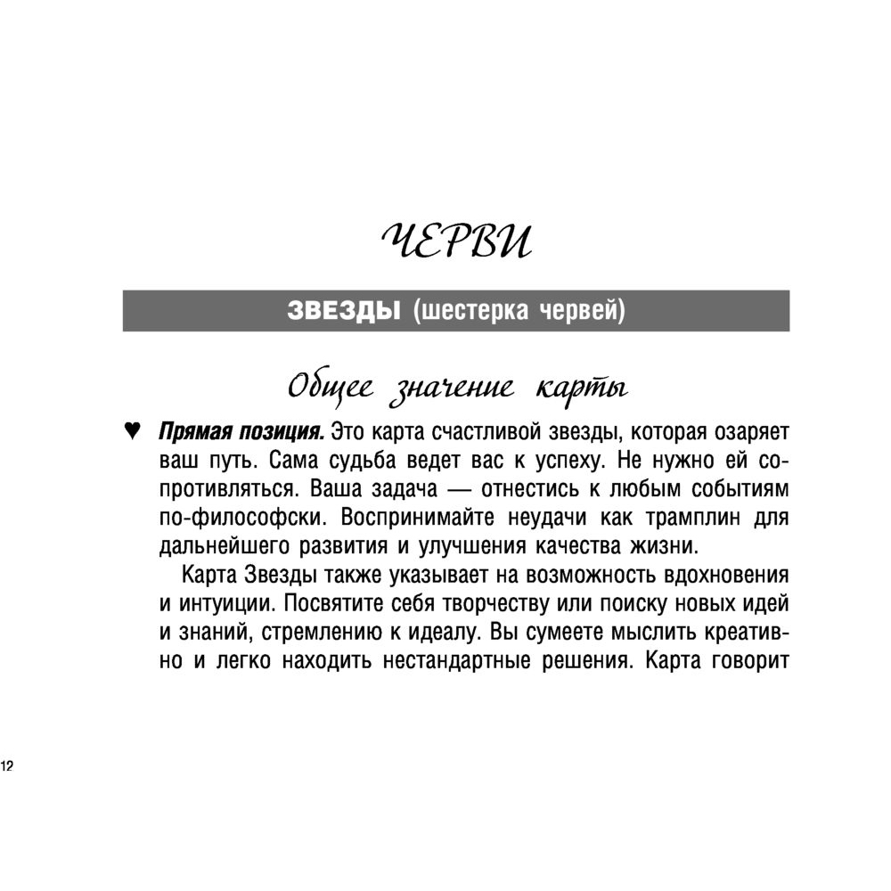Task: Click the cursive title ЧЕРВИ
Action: click(x=455, y=241)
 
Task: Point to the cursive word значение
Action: click(x=451, y=389)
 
